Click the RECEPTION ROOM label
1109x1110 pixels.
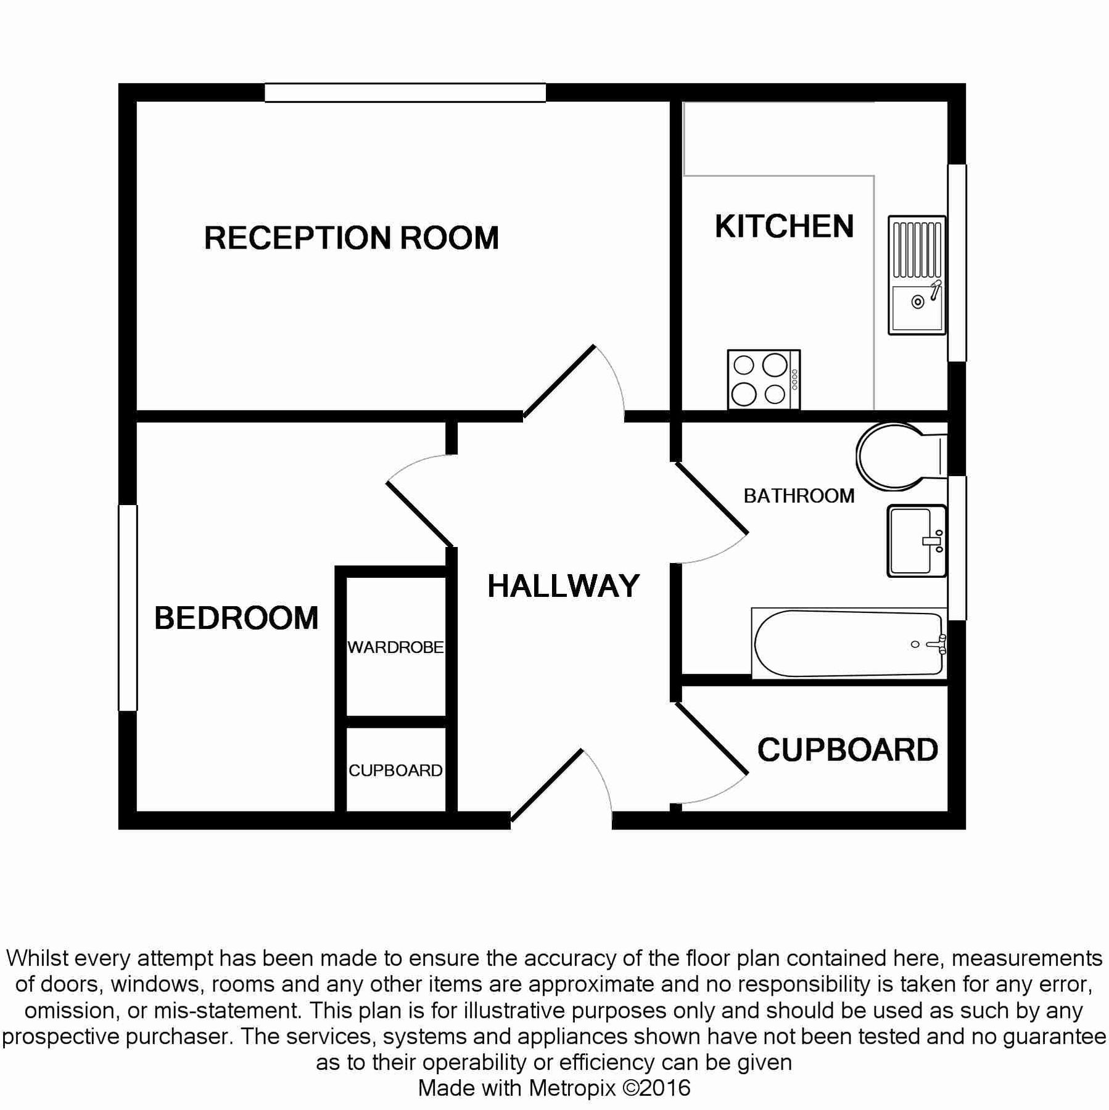click(351, 238)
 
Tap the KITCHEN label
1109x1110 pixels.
click(784, 226)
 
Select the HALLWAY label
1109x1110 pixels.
click(563, 586)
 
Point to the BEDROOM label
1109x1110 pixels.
click(236, 618)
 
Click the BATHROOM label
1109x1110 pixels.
click(799, 496)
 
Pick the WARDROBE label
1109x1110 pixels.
click(395, 647)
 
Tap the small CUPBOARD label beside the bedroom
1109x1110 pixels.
click(395, 770)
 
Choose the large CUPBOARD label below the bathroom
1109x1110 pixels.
click(847, 750)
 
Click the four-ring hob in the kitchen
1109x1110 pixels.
click(763, 379)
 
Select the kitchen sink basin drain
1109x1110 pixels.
click(918, 302)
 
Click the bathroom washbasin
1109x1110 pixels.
click(915, 541)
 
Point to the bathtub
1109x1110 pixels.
click(848, 644)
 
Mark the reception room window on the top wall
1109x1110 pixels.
click(405, 92)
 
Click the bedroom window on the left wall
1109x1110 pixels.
click(128, 607)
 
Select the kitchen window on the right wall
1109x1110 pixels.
click(957, 263)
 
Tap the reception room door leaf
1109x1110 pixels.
click(559, 381)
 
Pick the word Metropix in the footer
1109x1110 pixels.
click(572, 1088)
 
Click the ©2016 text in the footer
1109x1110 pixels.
click(656, 1088)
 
